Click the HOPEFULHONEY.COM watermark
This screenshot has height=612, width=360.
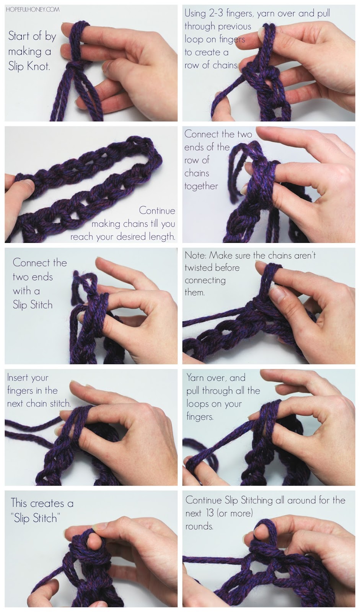point(32,10)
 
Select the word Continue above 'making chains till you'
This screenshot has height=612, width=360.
point(157,210)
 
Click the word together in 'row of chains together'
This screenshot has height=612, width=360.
point(201,187)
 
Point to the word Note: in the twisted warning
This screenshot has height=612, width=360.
point(195,256)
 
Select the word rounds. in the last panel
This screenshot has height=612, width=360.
point(199,526)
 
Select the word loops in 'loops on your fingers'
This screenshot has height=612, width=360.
point(198,404)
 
